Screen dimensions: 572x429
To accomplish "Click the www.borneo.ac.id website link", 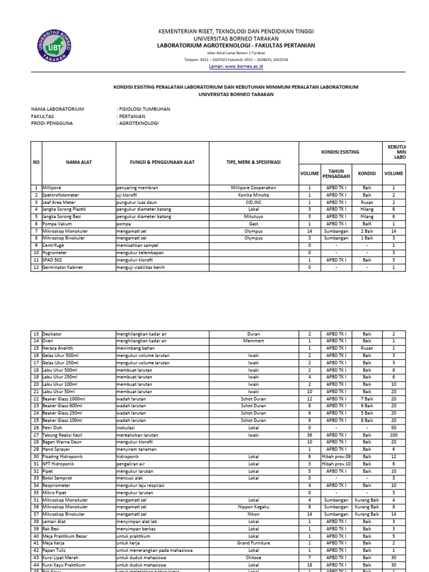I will click(x=236, y=66).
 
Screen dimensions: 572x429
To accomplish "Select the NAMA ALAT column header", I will click(x=78, y=162).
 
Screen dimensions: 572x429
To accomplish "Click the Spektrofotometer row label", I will click(x=61, y=195).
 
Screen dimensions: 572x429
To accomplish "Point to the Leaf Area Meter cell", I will click(x=59, y=202).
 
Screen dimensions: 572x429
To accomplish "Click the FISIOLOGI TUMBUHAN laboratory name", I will click(x=144, y=109).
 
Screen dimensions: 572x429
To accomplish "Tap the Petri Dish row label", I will click(x=54, y=427).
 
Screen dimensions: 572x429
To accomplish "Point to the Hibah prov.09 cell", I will click(x=336, y=456).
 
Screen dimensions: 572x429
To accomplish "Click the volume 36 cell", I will click(x=309, y=435).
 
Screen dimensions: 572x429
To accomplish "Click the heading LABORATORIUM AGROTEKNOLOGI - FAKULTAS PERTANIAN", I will click(x=236, y=45).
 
